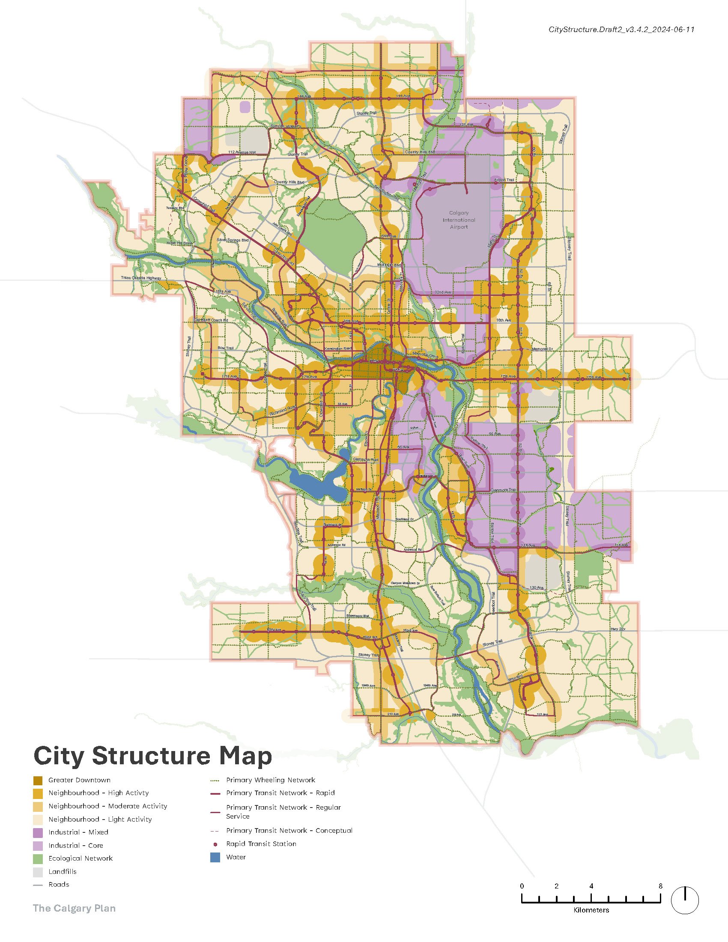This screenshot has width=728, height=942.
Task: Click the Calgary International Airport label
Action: pos(459,220)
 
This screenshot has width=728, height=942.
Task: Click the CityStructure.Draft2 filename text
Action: pos(621,29)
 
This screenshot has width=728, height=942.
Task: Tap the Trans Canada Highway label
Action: pos(141,278)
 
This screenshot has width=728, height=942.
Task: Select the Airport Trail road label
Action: pos(504,180)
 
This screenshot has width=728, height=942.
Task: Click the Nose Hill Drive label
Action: pos(179,243)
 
